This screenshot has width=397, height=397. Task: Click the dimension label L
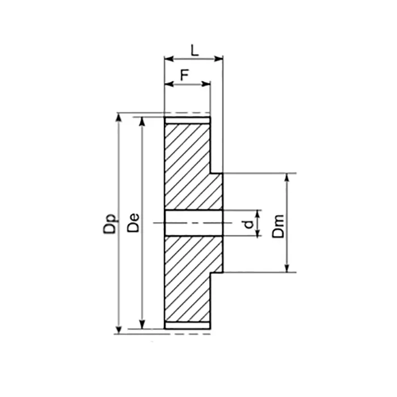(x=194, y=50)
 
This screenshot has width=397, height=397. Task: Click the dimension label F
(x=184, y=75)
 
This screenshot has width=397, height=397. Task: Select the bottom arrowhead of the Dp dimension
(x=119, y=330)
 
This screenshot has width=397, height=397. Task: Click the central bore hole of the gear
(x=193, y=223)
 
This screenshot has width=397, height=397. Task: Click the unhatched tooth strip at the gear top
(x=187, y=121)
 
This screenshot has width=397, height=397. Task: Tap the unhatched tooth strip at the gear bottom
(x=187, y=326)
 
